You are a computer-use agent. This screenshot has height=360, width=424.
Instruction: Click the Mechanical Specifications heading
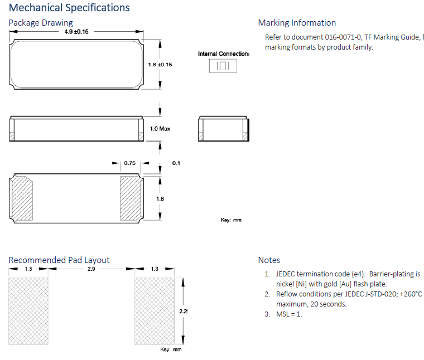(69, 8)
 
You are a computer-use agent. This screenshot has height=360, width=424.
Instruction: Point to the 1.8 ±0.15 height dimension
(160, 65)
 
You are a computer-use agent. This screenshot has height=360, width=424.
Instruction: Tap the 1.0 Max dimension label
(160, 129)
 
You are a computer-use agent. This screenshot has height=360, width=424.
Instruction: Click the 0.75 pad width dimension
(130, 163)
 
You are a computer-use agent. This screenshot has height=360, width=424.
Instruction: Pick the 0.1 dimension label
(176, 163)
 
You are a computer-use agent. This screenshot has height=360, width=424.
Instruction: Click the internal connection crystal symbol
(223, 66)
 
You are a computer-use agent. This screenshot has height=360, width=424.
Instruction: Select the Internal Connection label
(223, 53)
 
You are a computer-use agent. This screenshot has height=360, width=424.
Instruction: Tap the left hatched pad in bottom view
(23, 199)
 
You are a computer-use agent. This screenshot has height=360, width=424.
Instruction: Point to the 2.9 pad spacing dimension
(91, 269)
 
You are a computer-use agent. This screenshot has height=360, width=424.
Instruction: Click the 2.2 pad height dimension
(183, 311)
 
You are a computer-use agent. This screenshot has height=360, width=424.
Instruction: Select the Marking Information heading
(297, 23)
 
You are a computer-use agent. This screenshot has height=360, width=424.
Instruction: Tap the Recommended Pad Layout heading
(59, 260)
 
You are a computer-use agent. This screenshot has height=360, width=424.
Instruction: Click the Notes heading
(269, 260)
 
